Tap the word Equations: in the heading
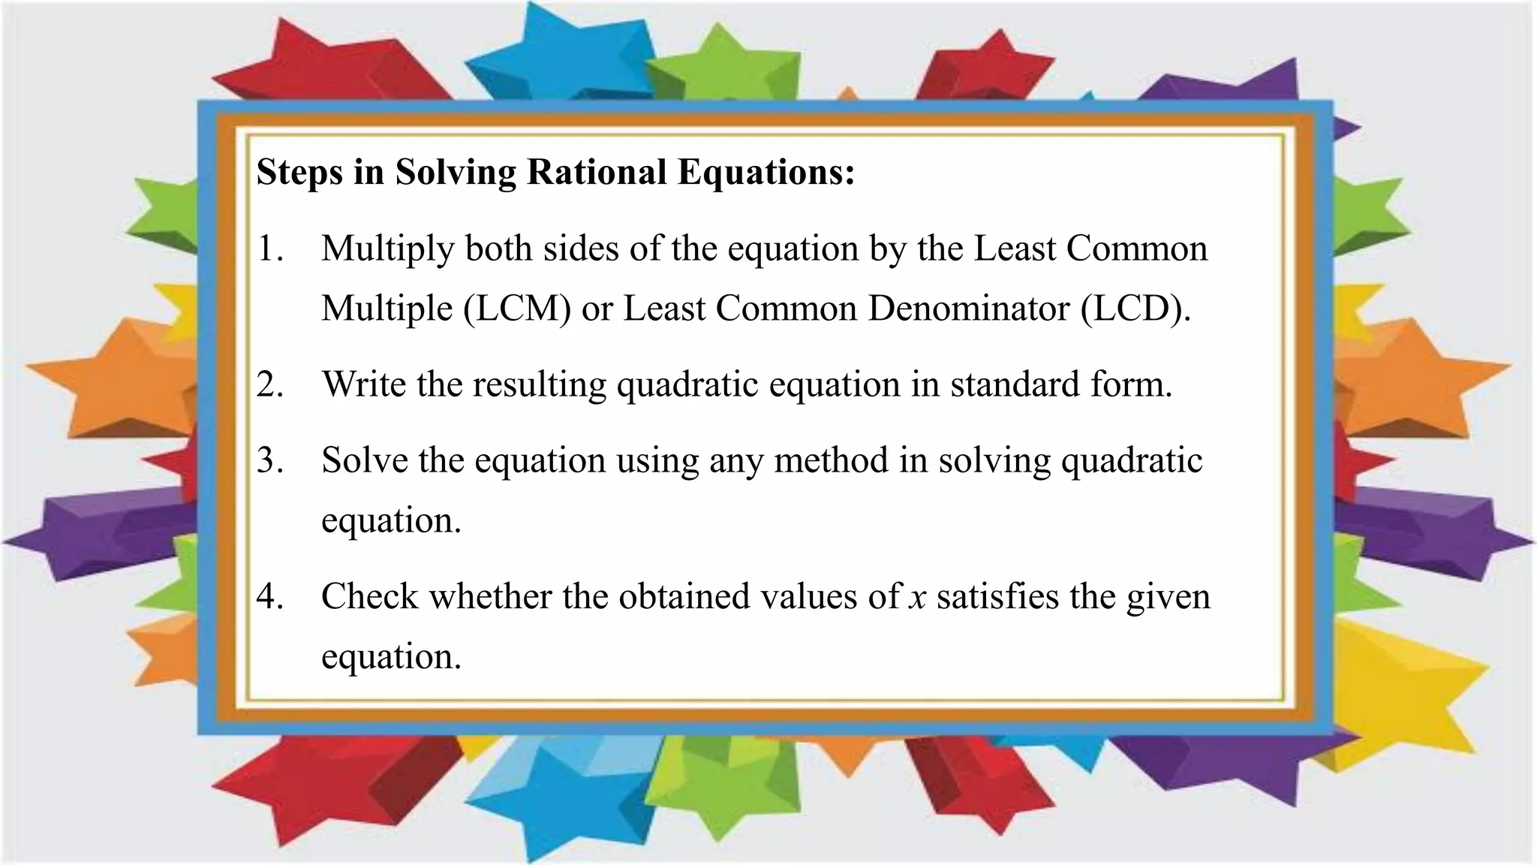click(766, 172)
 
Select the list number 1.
click(269, 249)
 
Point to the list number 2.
click(269, 384)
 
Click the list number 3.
click(269, 460)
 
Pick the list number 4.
click(269, 596)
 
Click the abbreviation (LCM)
click(516, 309)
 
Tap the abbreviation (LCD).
click(1135, 309)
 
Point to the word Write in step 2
click(364, 384)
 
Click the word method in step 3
click(831, 460)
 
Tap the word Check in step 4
click(368, 596)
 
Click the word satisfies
click(997, 596)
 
